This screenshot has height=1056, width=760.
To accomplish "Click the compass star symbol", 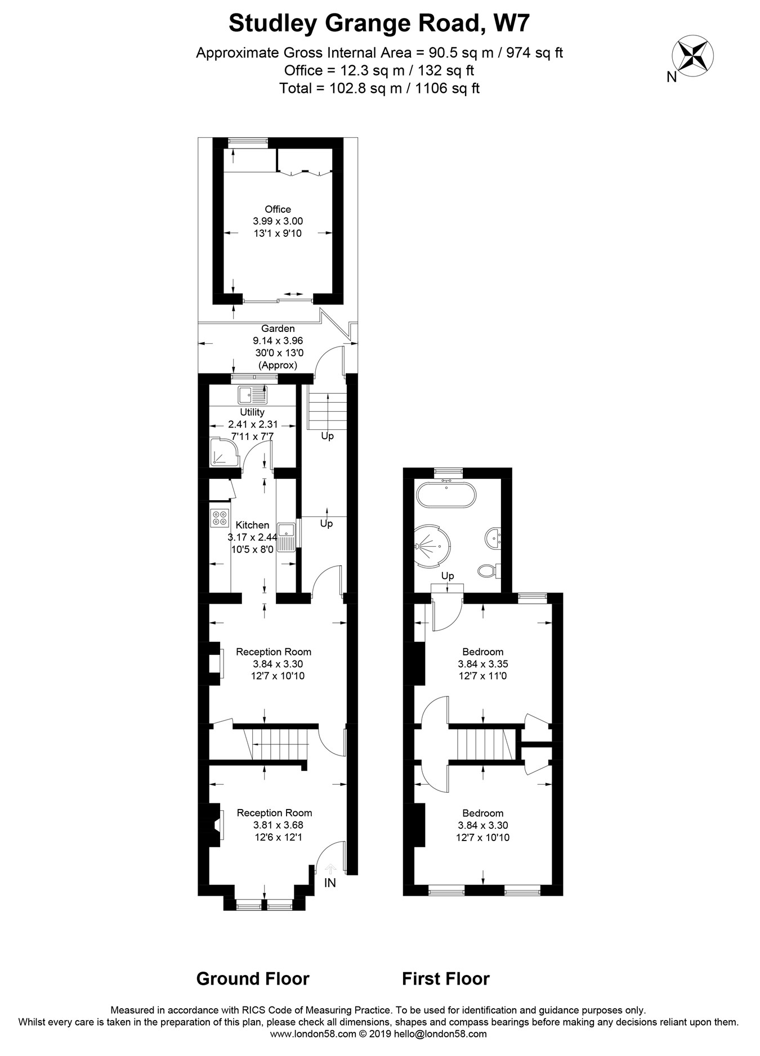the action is (x=692, y=55).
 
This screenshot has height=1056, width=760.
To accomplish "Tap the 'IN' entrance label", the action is (x=330, y=883).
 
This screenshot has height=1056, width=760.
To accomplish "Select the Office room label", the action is (x=278, y=209).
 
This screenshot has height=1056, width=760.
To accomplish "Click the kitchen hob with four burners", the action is (x=220, y=518).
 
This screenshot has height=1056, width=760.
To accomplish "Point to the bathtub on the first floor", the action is (x=446, y=495).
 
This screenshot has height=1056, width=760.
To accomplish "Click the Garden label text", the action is (x=278, y=329).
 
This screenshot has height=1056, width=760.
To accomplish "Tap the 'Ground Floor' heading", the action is (x=253, y=979).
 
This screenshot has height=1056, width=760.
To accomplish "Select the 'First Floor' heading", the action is (x=446, y=979).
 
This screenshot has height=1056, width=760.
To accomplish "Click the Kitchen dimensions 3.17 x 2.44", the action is (x=252, y=537).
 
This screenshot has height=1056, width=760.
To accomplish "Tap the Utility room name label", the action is (x=252, y=412).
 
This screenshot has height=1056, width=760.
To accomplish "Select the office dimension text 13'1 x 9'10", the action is (x=278, y=233).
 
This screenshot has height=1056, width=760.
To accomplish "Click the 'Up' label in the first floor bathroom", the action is (x=448, y=576).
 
